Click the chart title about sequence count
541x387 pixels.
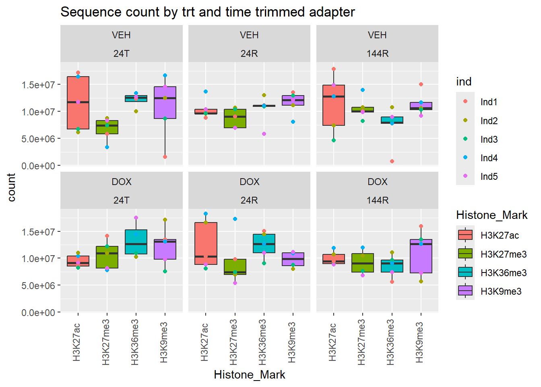[207, 12]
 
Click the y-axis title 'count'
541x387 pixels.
[11, 187]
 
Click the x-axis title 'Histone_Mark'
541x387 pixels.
[249, 375]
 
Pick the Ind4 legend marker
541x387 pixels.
[465, 158]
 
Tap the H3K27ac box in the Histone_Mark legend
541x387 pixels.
[465, 235]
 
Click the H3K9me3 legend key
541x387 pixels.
[465, 291]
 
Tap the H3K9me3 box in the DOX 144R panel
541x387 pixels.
[421, 258]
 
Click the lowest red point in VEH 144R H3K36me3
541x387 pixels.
[392, 161]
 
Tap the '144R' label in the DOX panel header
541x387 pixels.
[377, 200]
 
